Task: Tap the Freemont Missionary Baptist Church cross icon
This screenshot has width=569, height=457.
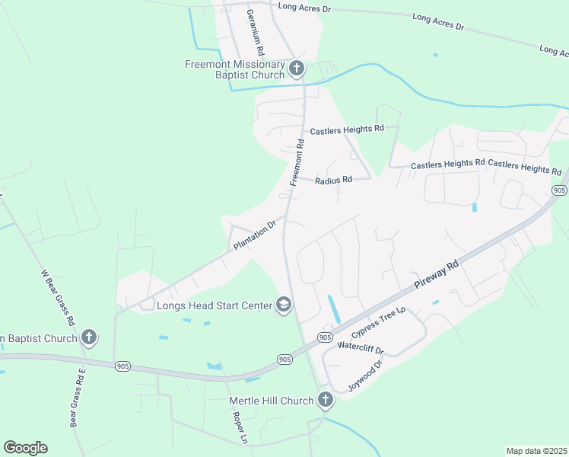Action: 296,69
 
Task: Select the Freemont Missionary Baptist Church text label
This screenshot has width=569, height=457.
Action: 234,69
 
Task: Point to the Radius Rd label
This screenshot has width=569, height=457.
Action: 334,180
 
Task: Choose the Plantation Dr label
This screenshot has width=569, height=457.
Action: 254,236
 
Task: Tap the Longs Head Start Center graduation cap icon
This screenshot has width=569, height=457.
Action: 284,305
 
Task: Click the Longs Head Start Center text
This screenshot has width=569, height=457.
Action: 214,305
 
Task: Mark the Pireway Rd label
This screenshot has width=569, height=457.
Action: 437,274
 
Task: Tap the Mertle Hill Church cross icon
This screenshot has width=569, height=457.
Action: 325,400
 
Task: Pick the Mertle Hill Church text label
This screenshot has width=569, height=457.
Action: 272,401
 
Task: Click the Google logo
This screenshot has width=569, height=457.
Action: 25,447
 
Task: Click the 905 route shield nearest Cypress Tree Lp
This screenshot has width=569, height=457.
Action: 325,337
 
